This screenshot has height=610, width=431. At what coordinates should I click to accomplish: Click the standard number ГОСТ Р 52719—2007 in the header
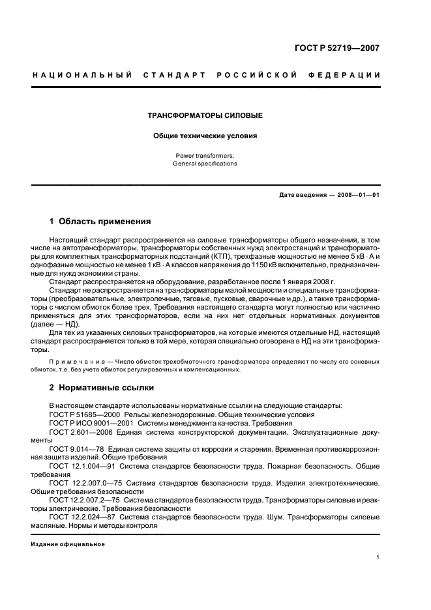[x=337, y=48]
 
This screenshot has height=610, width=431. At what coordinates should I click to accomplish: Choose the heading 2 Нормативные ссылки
[x=102, y=387]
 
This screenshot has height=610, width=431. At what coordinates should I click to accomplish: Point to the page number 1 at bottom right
[x=378, y=557]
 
